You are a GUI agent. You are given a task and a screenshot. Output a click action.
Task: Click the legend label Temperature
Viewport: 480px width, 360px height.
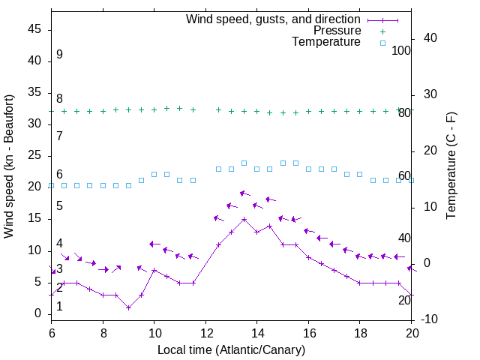tap(325, 42)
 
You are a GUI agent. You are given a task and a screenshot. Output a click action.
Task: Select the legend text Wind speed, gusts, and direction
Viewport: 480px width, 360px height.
tap(273, 19)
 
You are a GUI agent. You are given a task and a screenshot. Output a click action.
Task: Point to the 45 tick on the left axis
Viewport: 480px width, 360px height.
tap(34, 29)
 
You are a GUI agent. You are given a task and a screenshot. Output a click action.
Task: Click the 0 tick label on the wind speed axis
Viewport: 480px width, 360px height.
tap(37, 313)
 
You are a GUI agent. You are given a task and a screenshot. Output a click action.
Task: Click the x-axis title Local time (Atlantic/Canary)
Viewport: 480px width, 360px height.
tap(231, 349)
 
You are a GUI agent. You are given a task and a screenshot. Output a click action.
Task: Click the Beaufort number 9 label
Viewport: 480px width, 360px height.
tap(59, 55)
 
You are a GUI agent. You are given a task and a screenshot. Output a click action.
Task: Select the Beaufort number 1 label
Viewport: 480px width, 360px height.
tap(59, 306)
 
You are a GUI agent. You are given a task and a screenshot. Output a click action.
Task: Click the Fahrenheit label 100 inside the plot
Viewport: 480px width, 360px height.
tap(401, 51)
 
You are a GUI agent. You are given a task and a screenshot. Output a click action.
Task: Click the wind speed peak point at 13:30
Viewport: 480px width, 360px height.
tap(244, 219)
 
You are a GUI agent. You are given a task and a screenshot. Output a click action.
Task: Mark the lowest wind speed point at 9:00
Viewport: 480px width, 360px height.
tap(128, 307)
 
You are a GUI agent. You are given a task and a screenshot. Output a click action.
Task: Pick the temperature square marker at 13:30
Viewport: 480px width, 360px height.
tap(244, 163)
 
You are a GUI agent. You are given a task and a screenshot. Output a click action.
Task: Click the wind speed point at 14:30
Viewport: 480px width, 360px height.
tap(269, 226)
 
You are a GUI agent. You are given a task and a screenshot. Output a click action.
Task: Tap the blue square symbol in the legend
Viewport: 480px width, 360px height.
tap(382, 43)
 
